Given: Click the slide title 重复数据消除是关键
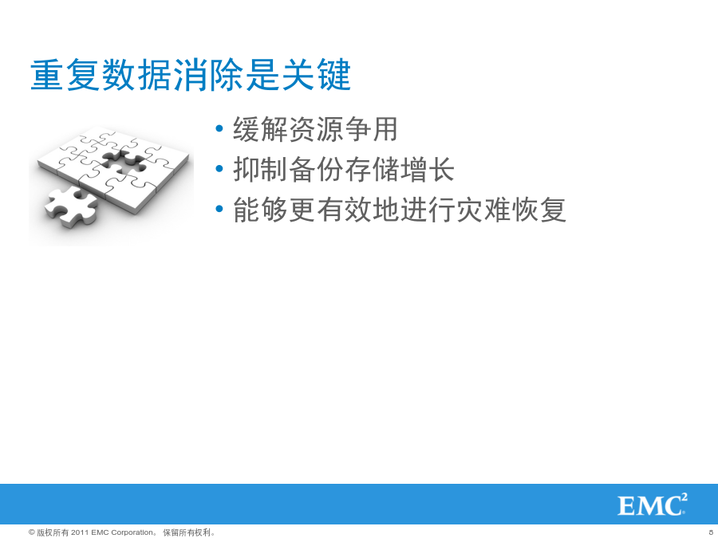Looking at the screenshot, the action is click(191, 75).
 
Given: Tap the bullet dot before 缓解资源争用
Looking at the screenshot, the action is click(219, 128).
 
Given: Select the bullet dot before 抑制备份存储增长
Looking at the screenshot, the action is click(219, 169).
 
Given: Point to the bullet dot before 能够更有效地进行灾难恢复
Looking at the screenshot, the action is click(219, 209).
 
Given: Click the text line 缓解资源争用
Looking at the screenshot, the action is click(315, 129).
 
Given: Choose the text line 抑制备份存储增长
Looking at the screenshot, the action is click(343, 169).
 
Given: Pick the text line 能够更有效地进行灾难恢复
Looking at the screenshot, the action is click(400, 210).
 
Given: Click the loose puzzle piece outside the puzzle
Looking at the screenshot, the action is click(71, 206).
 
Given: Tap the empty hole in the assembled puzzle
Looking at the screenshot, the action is click(124, 160).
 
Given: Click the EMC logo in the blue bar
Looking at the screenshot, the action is click(653, 505).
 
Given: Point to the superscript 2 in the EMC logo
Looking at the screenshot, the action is click(684, 497).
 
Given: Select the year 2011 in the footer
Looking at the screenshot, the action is click(80, 532).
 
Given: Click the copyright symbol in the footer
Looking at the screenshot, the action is click(32, 532).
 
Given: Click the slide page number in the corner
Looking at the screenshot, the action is click(711, 532).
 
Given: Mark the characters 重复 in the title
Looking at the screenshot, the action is click(65, 75).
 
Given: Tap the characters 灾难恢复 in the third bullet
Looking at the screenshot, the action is click(511, 210).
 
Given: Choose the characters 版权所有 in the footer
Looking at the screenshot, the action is click(53, 532).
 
